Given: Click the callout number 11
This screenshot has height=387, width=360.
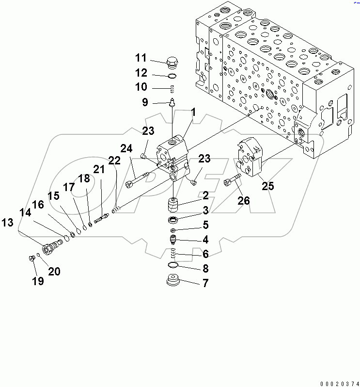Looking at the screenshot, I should click(x=141, y=58).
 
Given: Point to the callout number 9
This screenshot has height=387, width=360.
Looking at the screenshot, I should click(x=144, y=102).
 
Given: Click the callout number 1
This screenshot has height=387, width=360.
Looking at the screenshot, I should click(x=193, y=112).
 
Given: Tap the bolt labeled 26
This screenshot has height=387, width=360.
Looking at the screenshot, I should click(x=233, y=180).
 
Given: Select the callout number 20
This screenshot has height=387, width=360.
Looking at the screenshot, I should click(x=54, y=272).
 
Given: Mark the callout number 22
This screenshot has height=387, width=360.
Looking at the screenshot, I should click(x=114, y=161).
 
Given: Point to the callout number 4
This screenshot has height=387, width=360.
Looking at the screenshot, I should click(x=205, y=239).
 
